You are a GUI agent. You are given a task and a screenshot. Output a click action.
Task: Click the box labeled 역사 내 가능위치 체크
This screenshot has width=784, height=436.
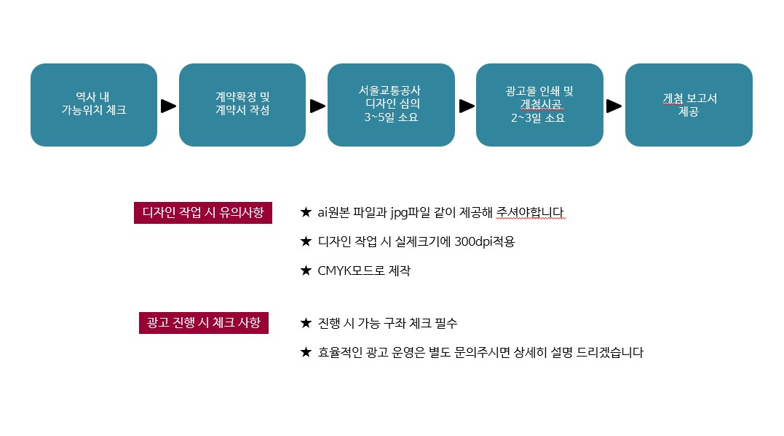94,104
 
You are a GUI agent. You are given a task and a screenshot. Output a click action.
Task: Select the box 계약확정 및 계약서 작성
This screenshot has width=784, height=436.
242,104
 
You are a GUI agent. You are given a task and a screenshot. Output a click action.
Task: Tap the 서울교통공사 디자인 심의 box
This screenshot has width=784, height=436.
391,104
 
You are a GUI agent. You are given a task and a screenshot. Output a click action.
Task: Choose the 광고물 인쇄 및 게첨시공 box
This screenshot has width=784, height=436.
539,104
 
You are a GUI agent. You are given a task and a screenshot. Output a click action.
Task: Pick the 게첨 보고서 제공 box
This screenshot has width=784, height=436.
689,104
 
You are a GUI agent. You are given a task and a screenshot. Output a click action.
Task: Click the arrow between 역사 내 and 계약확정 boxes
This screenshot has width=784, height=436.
168,106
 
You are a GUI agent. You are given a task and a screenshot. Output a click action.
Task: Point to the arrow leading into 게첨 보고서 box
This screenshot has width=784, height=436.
614,106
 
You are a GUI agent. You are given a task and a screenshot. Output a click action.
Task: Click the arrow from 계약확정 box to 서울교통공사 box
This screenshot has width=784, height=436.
317,106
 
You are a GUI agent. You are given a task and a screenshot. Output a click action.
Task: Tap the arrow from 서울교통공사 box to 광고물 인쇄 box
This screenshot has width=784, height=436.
467,106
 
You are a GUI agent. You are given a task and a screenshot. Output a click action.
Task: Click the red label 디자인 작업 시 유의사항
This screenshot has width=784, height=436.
203,213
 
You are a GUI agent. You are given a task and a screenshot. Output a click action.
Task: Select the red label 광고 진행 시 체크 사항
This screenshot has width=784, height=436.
204,322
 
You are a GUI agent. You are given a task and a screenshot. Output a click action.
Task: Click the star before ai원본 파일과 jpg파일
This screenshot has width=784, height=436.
306,212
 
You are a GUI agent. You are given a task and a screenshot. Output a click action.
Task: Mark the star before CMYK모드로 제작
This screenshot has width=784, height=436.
306,270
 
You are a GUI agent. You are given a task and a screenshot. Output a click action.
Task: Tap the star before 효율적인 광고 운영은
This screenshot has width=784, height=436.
306,352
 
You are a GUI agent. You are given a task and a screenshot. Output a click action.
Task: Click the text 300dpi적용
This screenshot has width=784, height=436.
485,242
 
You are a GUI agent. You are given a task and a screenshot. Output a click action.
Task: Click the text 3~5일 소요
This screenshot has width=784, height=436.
391,117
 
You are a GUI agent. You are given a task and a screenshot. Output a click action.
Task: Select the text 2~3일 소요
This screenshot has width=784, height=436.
538,118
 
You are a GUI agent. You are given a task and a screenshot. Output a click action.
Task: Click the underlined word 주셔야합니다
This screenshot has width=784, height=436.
530,212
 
